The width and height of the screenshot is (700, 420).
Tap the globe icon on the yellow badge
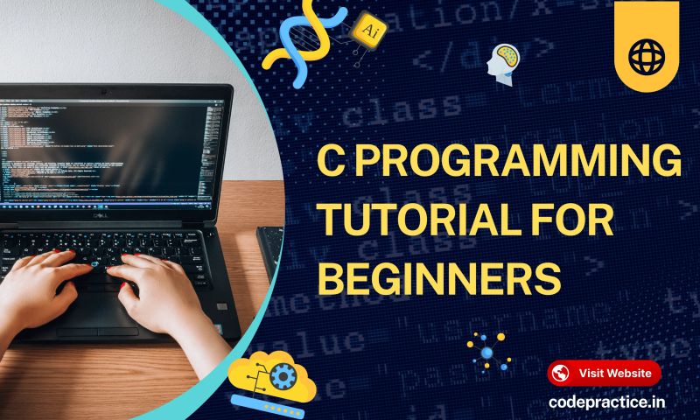647,57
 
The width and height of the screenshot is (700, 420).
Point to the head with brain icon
505,61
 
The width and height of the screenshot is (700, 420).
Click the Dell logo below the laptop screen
115,213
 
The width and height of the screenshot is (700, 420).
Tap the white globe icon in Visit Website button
562,373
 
